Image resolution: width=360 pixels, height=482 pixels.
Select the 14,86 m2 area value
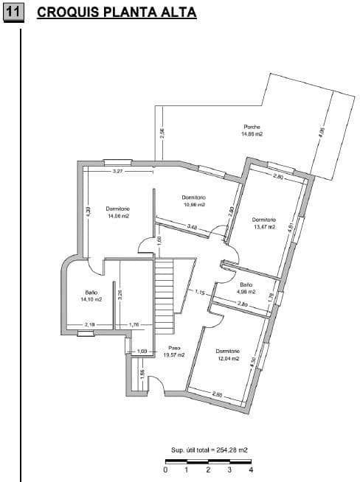(x=252, y=135)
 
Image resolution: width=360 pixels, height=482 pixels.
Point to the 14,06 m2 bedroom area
(x=118, y=217)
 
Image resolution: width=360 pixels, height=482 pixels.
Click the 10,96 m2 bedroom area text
(x=193, y=205)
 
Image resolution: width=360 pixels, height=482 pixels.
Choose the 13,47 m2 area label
(x=263, y=227)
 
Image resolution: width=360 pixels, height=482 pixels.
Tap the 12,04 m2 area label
(x=228, y=359)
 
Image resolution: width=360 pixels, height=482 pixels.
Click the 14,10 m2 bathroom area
(x=91, y=299)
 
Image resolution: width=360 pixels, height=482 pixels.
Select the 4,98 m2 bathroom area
(x=246, y=292)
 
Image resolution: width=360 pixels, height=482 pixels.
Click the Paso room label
(x=174, y=348)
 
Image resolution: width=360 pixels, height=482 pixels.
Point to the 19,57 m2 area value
(x=174, y=355)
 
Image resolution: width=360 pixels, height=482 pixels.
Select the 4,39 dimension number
(x=89, y=211)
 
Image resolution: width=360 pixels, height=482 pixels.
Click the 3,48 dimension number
(x=192, y=226)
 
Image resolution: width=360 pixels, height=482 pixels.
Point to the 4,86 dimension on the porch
(x=321, y=135)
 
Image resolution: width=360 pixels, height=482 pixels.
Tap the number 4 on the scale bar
(x=252, y=469)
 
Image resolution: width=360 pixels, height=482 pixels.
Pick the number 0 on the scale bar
(x=166, y=469)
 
